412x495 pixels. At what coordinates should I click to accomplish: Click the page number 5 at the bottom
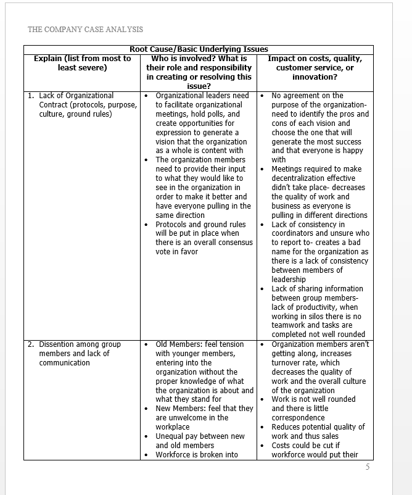click(368, 467)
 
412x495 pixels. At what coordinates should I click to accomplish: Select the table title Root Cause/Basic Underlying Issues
click(199, 49)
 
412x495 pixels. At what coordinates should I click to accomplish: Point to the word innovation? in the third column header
click(315, 77)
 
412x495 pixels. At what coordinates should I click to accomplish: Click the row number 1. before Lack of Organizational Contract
click(31, 96)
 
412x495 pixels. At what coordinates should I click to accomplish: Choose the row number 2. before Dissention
click(31, 344)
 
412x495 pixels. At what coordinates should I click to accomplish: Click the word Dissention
click(60, 344)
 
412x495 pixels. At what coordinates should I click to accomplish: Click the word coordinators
click(295, 233)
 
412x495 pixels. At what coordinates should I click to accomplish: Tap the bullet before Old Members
click(146, 344)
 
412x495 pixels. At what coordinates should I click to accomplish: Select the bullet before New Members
click(146, 409)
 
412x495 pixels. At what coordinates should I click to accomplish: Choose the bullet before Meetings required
click(262, 169)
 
